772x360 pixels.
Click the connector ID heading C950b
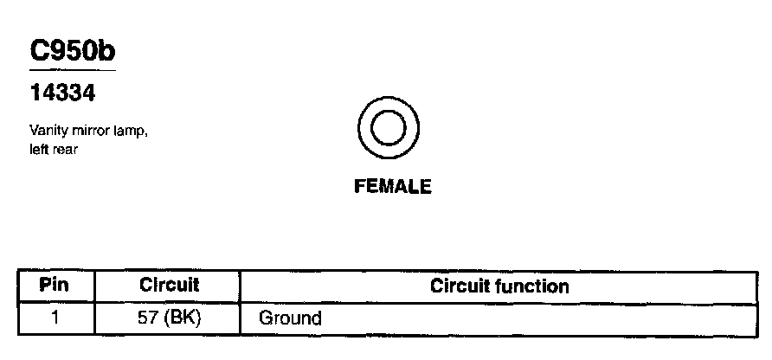coord(73,52)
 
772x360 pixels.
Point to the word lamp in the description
coord(125,132)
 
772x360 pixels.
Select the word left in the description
coord(37,149)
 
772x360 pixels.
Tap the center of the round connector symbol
coord(388,128)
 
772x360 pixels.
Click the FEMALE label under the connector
coord(392,186)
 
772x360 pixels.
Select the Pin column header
coord(55,285)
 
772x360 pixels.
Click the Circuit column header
coord(169,285)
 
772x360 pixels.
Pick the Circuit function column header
coord(499,286)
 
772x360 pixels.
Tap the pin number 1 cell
coord(55,317)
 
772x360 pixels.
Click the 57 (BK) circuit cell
coord(170,317)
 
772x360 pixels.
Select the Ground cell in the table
coord(290,318)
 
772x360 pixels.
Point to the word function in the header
coord(534,286)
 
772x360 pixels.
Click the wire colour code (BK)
coord(183,317)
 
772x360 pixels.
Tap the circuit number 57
coord(148,317)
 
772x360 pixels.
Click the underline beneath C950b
coord(73,68)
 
